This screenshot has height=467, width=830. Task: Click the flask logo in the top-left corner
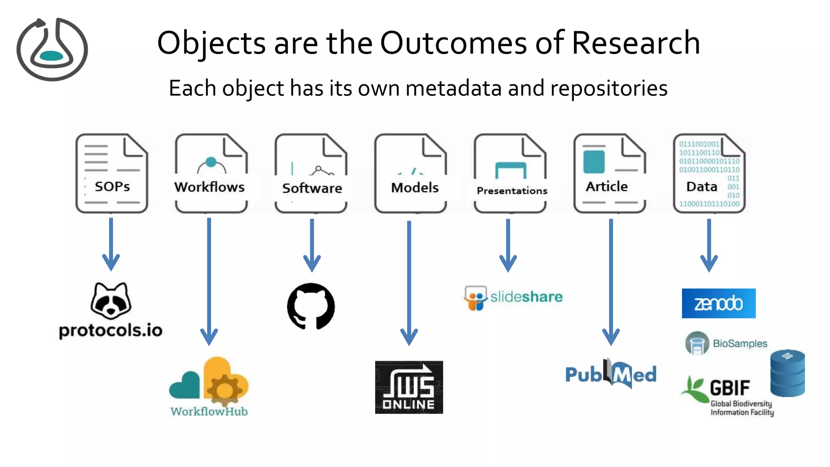coord(52,49)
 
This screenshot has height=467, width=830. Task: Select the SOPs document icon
coord(112,173)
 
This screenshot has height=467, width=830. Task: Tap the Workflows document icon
coord(211,173)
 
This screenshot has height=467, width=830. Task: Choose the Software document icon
coord(311,173)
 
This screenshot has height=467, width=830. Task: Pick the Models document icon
coord(411,173)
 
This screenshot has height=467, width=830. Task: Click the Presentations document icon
coord(510,173)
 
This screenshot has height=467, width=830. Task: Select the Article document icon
coord(610,173)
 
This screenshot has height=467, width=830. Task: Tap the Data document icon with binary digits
coord(709,173)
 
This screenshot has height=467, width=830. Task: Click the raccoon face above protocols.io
coord(111,301)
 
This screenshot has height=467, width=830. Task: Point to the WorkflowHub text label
coord(209,412)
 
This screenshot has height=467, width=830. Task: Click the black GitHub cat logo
coord(311,306)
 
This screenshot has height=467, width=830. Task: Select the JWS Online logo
coord(409,387)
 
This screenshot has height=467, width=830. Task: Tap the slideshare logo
coord(513,298)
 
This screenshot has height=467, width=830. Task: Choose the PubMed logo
coord(611,374)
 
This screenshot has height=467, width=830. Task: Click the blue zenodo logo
coord(719,303)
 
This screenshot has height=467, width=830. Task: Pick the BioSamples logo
coord(726,343)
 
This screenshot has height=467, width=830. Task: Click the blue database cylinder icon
coord(787,373)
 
